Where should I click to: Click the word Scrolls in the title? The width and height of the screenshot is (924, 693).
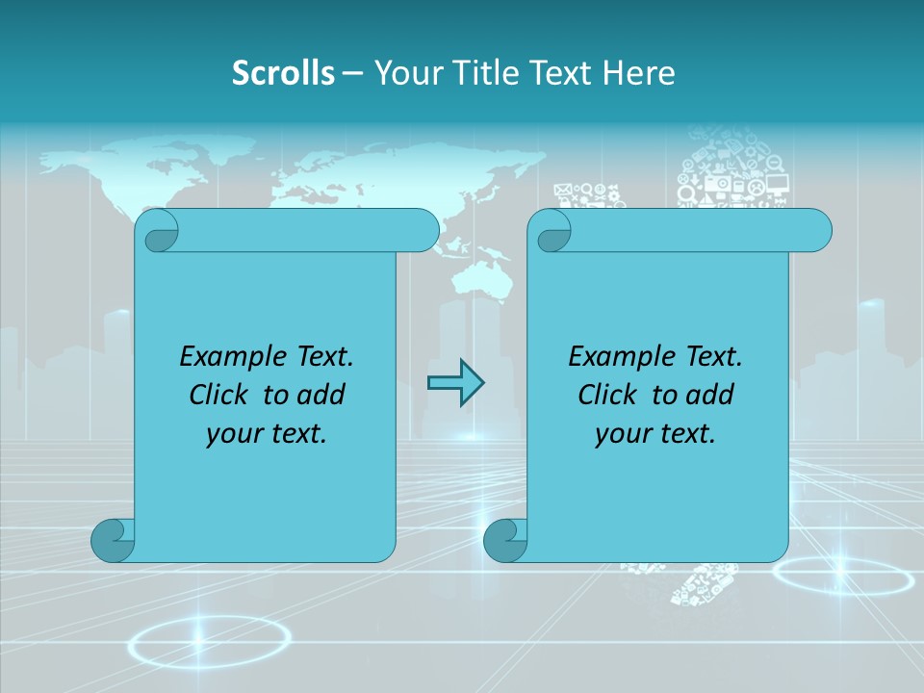point(283,73)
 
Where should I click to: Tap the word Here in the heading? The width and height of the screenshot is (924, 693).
point(638,73)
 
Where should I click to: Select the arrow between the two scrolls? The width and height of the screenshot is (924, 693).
point(455,383)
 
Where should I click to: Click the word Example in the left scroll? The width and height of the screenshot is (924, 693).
point(229,357)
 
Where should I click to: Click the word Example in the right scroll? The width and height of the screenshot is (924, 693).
point(618,357)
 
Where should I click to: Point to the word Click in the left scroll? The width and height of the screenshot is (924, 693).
point(218,395)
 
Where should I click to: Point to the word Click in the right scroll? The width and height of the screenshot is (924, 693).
point(606,395)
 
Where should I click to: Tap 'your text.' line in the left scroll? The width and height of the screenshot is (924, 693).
point(267,434)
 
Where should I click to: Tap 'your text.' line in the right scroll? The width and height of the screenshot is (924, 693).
point(655,434)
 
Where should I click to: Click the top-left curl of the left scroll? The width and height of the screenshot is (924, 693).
point(157,231)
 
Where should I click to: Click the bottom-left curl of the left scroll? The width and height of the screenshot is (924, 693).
point(113,540)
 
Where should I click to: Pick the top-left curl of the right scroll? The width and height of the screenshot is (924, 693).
point(550,231)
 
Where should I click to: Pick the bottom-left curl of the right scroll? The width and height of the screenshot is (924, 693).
point(505,540)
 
